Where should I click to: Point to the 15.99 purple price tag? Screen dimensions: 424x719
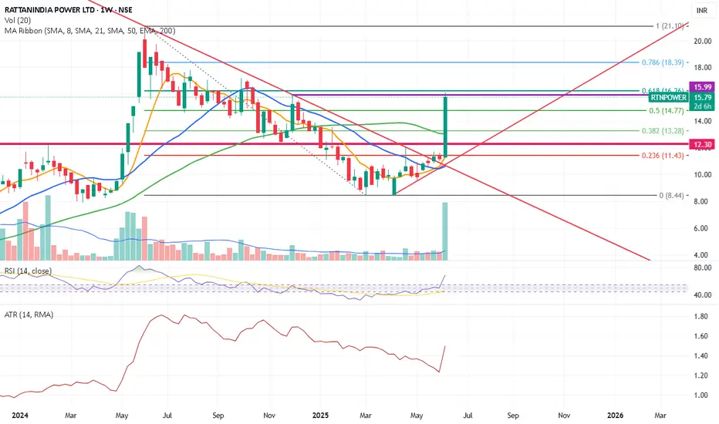(x=701, y=87)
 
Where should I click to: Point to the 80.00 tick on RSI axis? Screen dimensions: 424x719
(x=701, y=268)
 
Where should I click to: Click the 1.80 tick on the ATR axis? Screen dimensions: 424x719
(x=701, y=316)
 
